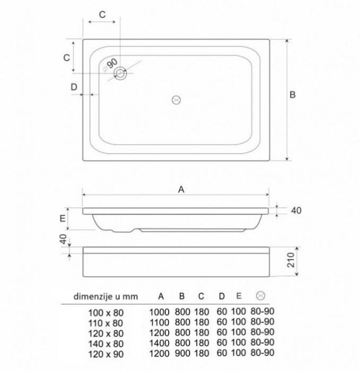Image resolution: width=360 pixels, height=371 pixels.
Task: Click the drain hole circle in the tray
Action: coord(121,73)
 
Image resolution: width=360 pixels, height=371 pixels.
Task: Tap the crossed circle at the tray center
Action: coord(176,100)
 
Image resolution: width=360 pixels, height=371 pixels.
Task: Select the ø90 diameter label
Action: coord(110,65)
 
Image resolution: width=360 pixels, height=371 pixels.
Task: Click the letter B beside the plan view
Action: coord(293,94)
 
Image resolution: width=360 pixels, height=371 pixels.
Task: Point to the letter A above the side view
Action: coord(181,189)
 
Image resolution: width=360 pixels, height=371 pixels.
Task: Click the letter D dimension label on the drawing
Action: coord(74,87)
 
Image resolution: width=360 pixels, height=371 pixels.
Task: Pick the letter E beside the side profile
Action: coord(63,218)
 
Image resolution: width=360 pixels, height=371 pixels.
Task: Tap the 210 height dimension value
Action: coord(290,260)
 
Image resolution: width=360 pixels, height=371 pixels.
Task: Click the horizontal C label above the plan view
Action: coord(102,15)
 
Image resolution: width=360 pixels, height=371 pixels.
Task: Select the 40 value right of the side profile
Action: coord(296,210)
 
